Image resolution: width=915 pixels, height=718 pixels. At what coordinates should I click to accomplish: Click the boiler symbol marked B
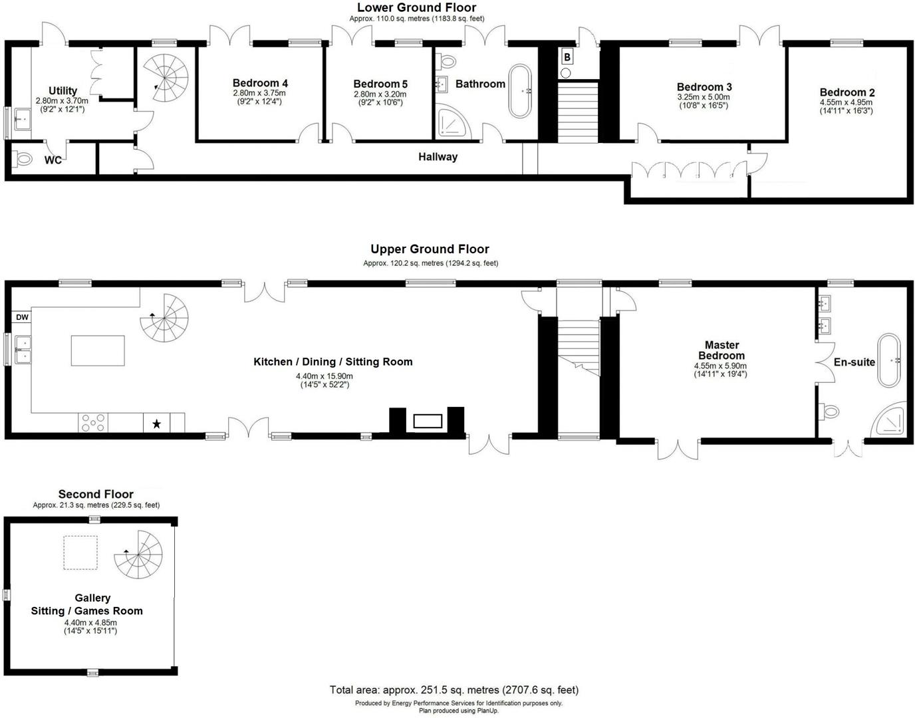(x=567, y=57)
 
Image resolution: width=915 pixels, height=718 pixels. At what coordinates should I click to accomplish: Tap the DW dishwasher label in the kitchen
(x=22, y=317)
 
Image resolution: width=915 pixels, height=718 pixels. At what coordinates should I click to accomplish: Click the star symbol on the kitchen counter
(x=156, y=423)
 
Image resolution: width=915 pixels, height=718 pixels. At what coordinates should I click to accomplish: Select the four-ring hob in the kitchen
(x=93, y=422)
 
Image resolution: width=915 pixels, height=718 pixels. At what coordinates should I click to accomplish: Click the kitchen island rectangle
(x=98, y=350)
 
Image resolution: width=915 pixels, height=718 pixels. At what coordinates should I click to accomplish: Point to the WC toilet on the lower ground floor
(x=24, y=160)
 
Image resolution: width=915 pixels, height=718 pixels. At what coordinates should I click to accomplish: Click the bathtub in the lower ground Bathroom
(x=521, y=91)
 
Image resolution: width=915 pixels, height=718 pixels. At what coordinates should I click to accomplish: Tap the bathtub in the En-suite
(x=889, y=361)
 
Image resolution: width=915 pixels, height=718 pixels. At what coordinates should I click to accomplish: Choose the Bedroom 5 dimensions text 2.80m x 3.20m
(x=380, y=94)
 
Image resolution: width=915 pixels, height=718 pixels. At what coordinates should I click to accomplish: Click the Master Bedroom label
(x=721, y=350)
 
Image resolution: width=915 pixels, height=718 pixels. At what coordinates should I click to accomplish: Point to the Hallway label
(x=438, y=157)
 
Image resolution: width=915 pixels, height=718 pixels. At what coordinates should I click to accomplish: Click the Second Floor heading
(x=96, y=494)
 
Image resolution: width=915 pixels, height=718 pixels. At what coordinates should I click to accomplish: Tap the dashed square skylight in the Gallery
(x=80, y=552)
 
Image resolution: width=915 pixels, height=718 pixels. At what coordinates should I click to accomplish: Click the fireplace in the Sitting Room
(x=427, y=421)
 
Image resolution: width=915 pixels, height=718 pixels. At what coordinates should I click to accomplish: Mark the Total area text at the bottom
(x=454, y=689)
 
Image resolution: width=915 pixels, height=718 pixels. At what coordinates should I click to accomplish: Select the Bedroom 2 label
(x=847, y=92)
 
